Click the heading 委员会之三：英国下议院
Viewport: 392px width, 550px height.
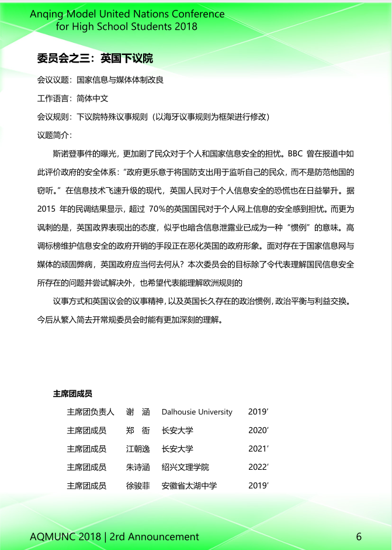95,59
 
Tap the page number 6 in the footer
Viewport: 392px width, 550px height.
359,537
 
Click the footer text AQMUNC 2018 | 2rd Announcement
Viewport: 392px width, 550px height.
115,537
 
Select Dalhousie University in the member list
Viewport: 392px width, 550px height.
197,412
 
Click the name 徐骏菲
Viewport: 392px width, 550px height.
138,486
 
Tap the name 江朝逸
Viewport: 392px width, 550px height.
138,449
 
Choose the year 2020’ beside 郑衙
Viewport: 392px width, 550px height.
258,431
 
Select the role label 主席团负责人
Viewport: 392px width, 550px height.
91,412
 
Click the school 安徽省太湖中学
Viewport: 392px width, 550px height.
189,486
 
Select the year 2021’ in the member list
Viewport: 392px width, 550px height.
258,449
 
